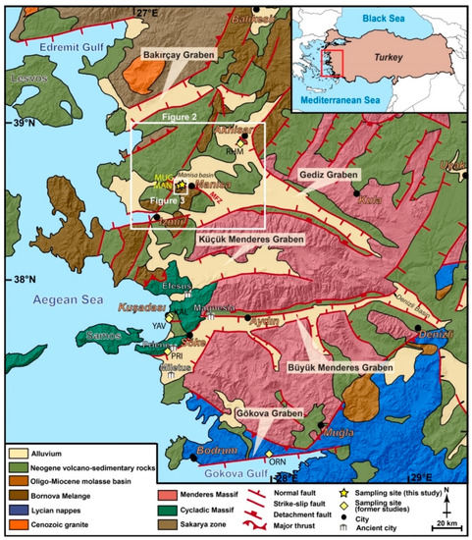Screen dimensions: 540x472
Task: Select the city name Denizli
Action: [x=440, y=336]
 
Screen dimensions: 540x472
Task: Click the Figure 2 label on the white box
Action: [x=172, y=118]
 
